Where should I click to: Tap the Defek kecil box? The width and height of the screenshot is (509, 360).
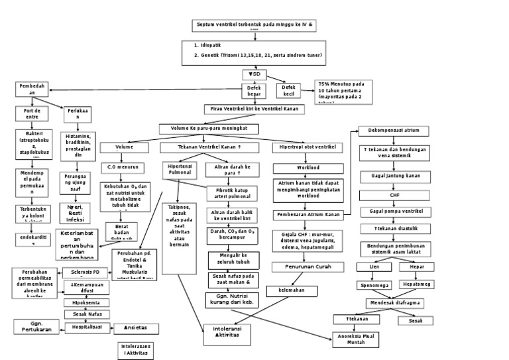coord(288,91)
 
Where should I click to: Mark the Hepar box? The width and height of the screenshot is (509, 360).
coord(417,267)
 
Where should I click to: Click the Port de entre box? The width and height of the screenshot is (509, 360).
coord(27,113)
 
